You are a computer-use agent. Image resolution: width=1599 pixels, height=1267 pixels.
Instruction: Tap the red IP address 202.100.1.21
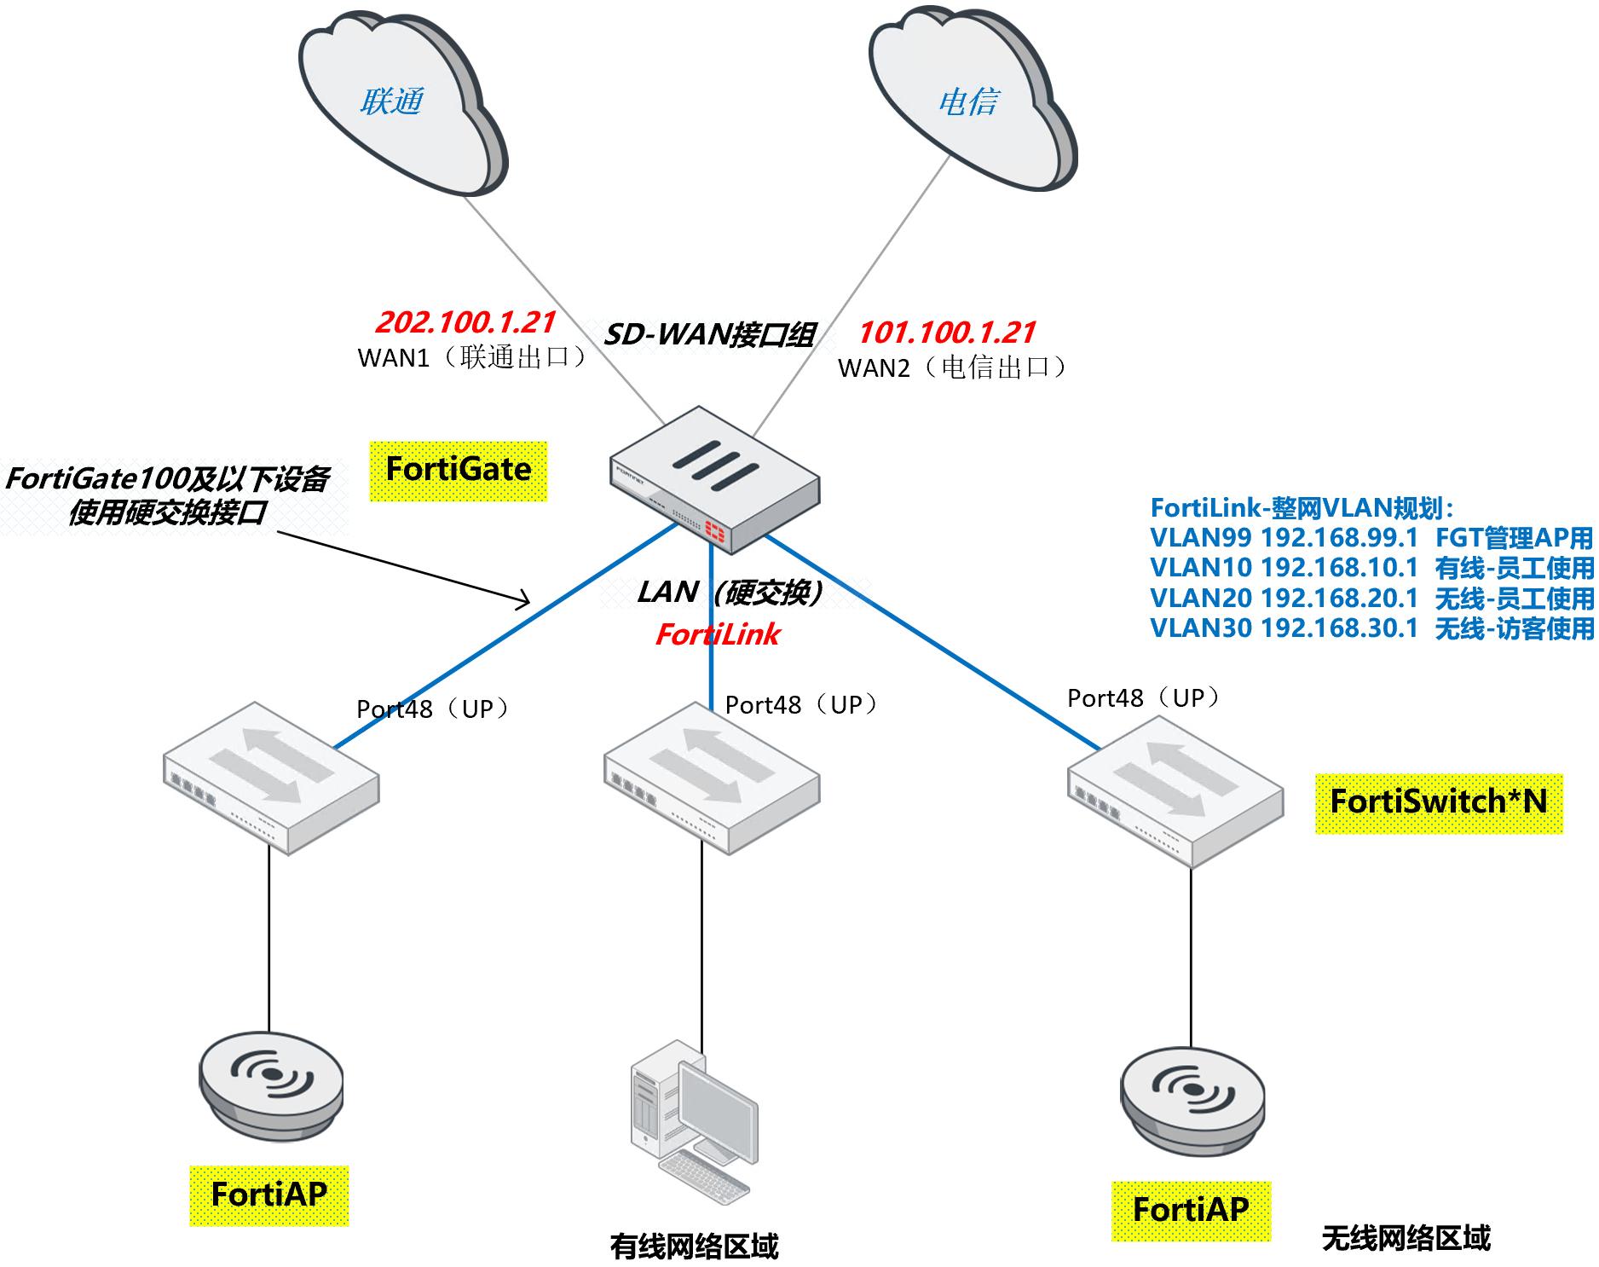465,322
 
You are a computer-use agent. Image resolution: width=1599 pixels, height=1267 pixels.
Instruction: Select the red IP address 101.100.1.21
946,332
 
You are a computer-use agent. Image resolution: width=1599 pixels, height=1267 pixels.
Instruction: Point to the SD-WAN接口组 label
709,334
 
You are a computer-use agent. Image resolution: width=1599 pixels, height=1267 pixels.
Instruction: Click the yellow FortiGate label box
459,471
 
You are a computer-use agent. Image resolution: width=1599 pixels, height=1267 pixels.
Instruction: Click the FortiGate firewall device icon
714,479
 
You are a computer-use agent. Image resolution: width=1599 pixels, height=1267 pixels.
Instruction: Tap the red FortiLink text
718,634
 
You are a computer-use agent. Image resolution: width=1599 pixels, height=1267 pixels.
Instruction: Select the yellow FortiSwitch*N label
1439,802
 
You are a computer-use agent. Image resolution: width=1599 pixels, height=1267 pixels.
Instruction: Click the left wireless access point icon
271,1085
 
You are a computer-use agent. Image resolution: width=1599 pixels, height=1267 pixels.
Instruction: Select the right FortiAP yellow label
1191,1210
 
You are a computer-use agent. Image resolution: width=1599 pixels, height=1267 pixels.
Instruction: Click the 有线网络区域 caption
694,1247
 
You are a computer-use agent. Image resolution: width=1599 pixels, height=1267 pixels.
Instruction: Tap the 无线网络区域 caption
1406,1238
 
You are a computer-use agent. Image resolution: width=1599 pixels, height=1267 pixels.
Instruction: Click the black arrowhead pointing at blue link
522,599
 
